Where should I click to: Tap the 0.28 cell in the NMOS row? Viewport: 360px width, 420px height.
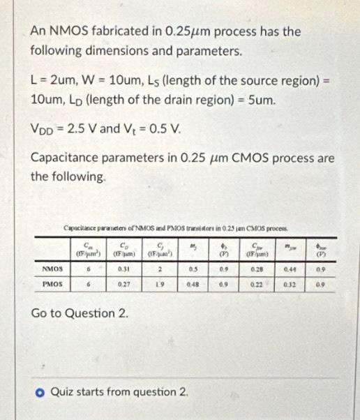[x=254, y=267]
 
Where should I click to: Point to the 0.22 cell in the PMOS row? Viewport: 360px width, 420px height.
[x=254, y=284]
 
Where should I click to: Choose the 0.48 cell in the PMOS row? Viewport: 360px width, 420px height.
[x=193, y=284]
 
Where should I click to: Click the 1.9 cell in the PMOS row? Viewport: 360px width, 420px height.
[x=160, y=284]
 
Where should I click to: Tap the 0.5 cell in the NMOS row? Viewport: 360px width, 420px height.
[x=193, y=267]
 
